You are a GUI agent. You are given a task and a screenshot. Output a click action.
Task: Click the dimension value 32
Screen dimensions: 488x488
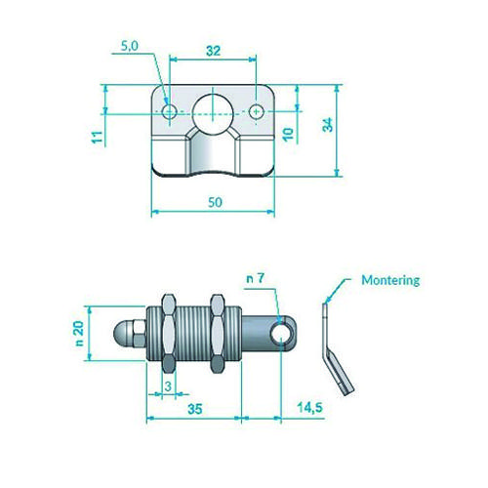pos(214,51)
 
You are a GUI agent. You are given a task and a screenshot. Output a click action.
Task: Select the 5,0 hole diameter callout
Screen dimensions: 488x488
pos(130,46)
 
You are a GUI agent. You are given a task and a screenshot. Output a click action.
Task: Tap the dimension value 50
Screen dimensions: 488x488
pos(215,202)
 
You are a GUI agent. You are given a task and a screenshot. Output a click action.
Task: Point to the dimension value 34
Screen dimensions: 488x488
pos(328,125)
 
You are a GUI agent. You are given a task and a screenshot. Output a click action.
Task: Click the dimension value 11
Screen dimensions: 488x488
pos(98,137)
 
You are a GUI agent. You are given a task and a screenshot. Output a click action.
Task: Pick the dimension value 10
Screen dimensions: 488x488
pos(288,135)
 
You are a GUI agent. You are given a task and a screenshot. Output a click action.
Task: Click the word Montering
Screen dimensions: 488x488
pos(390,280)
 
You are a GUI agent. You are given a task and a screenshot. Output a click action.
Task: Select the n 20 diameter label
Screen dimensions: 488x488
pos(79,333)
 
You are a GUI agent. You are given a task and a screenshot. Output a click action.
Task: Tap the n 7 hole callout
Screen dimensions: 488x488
pos(256,278)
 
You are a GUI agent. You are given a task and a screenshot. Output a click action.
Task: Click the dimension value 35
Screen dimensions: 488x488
pos(195,409)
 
